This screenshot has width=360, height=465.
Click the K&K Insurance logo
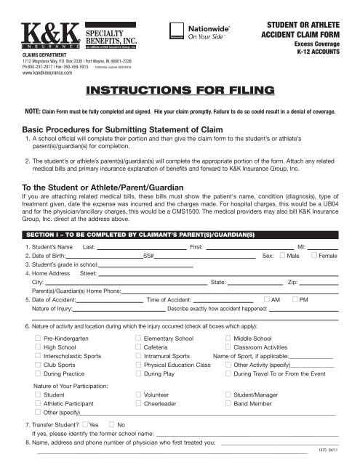(44, 35)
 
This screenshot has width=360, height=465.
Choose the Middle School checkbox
(228, 339)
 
